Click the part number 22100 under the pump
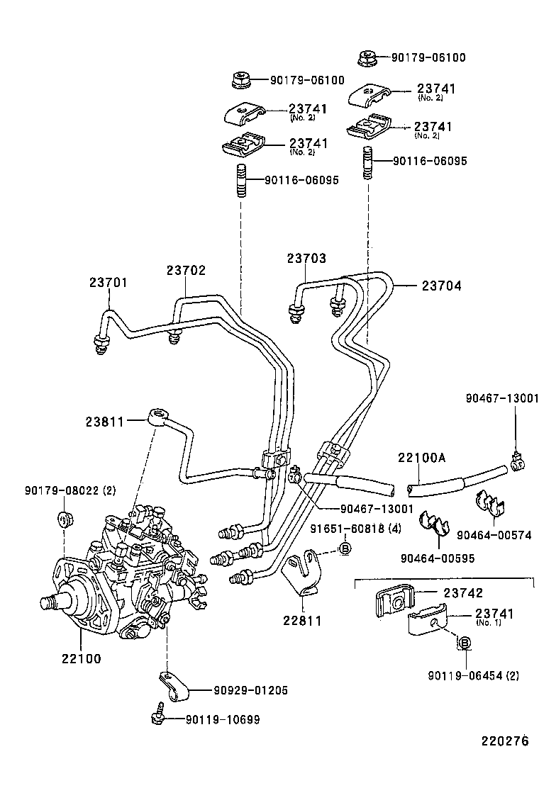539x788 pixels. click(x=79, y=658)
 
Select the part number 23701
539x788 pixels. click(x=109, y=282)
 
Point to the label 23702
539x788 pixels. click(x=186, y=270)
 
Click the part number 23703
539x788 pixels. click(x=306, y=259)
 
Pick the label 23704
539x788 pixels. click(x=441, y=286)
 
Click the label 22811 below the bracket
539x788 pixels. click(x=303, y=621)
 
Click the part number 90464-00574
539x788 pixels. click(x=494, y=536)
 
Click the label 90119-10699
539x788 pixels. click(x=223, y=720)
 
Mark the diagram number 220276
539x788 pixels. click(x=505, y=742)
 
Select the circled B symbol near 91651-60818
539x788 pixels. click(x=344, y=548)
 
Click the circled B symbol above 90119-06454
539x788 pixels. click(x=464, y=643)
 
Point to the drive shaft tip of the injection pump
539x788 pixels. click(x=49, y=604)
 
